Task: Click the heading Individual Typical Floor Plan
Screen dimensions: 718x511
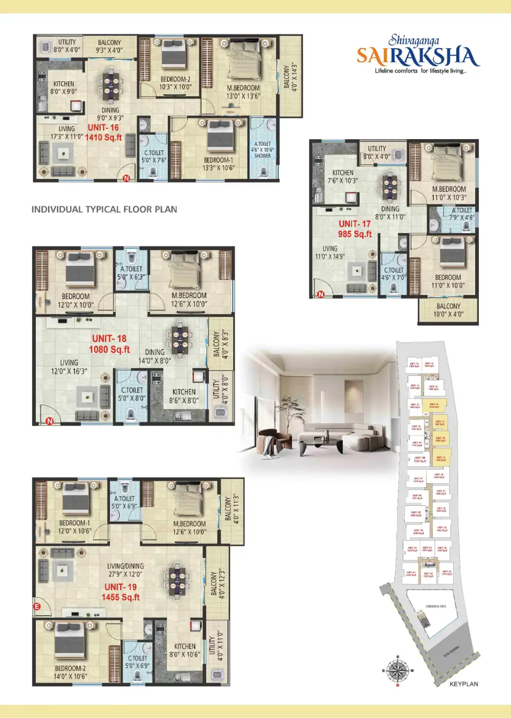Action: pos(104,209)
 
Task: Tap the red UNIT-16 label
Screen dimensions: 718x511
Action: pos(103,128)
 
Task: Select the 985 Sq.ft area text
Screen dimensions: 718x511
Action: pos(354,234)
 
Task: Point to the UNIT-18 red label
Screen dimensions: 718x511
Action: pos(109,339)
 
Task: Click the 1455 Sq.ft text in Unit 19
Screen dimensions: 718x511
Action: pos(121,597)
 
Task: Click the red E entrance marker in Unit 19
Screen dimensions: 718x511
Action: pos(37,607)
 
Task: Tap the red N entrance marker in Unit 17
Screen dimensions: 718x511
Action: pos(321,294)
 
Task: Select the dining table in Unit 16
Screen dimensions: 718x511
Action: pos(110,86)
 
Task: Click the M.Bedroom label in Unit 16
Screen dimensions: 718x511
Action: pos(243,88)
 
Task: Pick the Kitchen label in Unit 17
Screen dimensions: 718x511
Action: pos(343,173)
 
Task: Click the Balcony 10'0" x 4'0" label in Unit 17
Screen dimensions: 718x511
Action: pos(448,310)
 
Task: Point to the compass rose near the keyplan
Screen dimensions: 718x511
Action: pos(397,670)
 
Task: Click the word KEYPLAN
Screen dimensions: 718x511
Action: pos(463,684)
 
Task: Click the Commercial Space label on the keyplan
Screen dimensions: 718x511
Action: pos(436,607)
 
